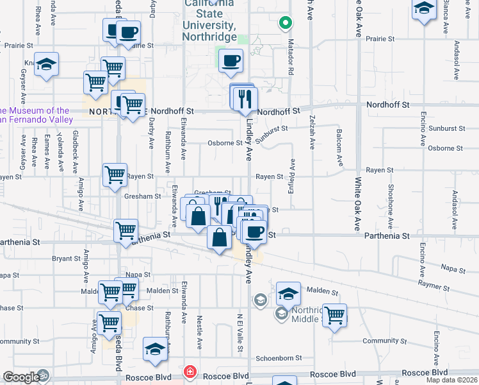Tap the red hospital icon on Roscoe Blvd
point(190,372)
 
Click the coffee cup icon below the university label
point(231,61)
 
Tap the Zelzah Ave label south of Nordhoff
point(312,136)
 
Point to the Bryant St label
point(66,258)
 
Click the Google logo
point(21,377)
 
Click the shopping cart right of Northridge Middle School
point(334,315)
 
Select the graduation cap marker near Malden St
point(289,294)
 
